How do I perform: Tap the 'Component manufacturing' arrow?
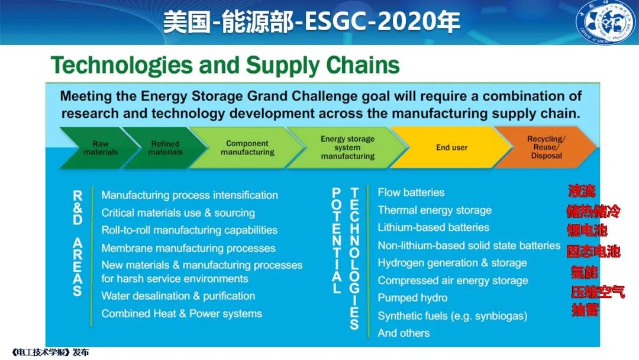pos(247,147)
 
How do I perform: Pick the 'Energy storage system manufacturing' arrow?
pos(348,147)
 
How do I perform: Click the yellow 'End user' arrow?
pos(451,147)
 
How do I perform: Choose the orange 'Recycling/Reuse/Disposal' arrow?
pos(546,147)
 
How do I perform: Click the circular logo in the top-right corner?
pos(606,22)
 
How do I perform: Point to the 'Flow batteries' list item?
pos(411,192)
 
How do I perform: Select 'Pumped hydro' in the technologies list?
pos(412,298)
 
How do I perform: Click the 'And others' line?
pos(404,333)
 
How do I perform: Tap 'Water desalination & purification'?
pos(178,296)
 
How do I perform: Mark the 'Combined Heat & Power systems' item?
pos(182,314)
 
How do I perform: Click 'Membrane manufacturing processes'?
pos(188,248)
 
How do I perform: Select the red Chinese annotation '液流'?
pos(582,191)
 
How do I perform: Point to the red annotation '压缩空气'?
pos(598,292)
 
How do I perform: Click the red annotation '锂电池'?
pos(588,230)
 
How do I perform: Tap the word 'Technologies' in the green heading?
pos(122,65)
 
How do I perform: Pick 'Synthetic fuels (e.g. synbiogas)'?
pos(453,316)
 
